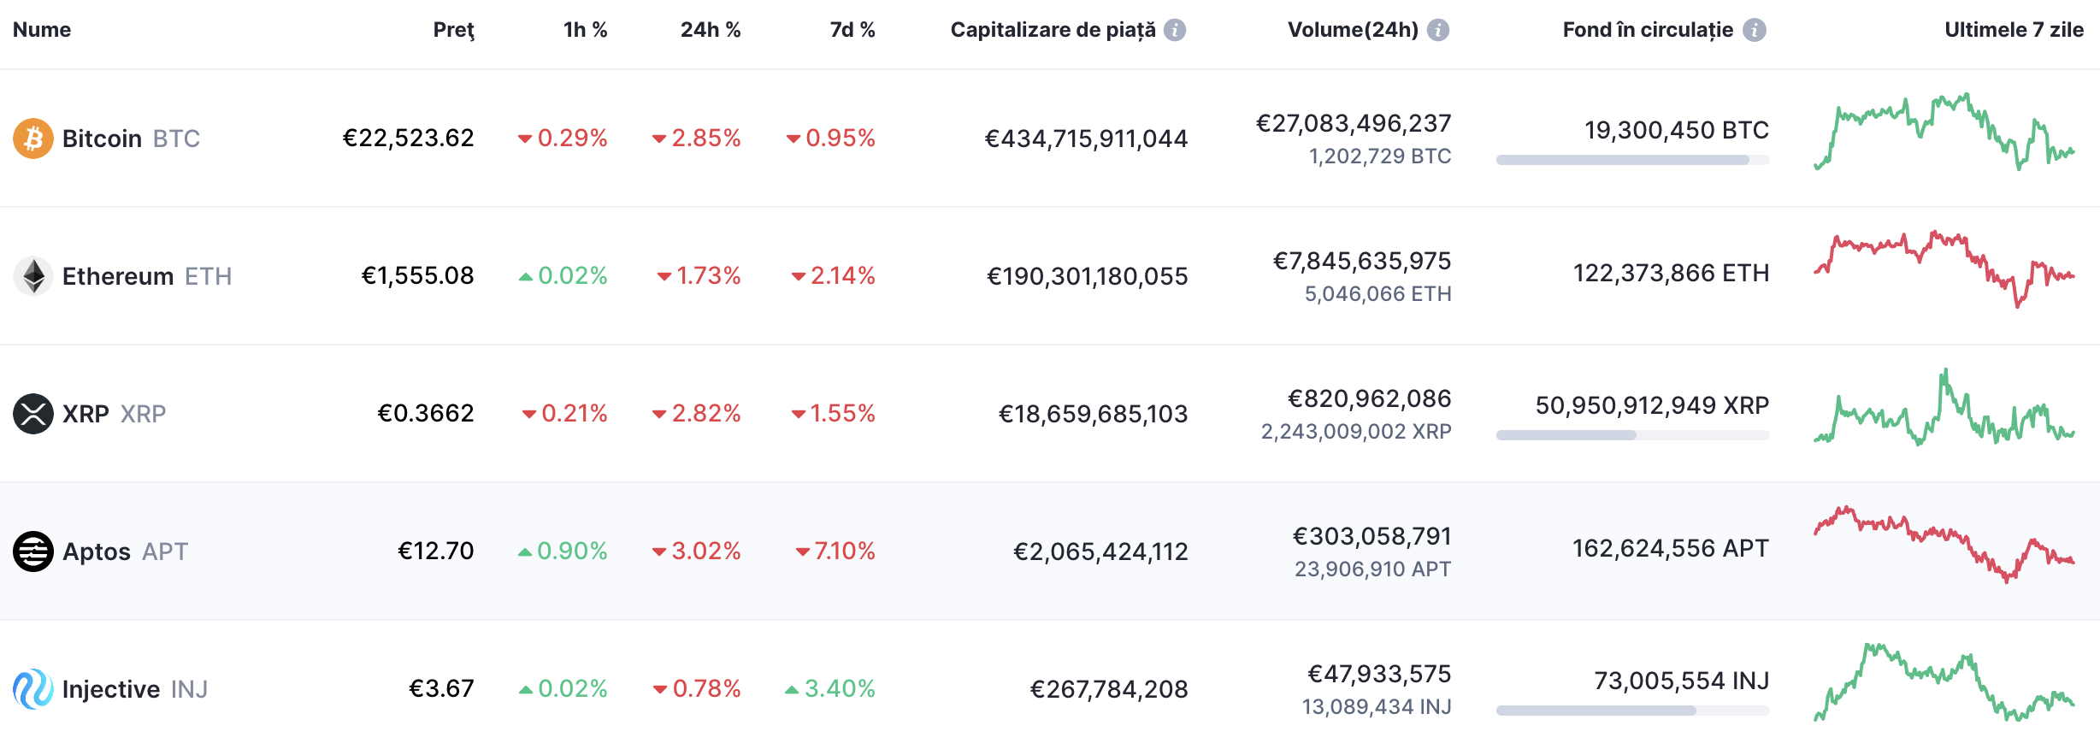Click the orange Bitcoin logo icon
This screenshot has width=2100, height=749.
point(32,139)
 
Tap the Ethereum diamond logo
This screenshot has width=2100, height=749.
point(32,276)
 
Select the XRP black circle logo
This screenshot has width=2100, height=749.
point(32,414)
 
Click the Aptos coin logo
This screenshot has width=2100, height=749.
point(32,551)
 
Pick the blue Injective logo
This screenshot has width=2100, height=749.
point(32,689)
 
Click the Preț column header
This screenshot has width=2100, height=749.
point(453,30)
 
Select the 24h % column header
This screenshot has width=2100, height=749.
point(710,30)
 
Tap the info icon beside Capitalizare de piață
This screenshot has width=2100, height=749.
point(1176,30)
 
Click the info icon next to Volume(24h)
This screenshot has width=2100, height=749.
point(1438,30)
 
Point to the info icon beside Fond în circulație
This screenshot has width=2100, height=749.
point(1755,30)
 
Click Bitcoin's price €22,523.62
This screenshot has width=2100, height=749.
point(409,139)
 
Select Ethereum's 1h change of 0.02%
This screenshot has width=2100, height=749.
point(563,276)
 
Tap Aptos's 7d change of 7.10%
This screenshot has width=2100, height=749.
point(835,551)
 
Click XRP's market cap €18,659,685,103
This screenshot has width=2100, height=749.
point(1093,415)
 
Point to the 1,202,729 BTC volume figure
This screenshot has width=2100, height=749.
point(1379,156)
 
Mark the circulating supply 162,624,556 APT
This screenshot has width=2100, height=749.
point(1670,548)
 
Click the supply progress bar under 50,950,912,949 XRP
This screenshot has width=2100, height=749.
point(1631,435)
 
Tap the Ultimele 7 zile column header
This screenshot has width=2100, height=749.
point(2014,30)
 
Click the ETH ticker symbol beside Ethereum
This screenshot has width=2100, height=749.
point(208,277)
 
